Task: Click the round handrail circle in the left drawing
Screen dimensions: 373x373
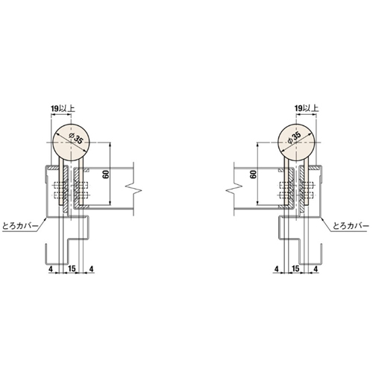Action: (72, 142)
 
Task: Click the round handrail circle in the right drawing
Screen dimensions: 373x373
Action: (296, 142)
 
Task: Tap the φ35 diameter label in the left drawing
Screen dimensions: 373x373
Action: (76, 139)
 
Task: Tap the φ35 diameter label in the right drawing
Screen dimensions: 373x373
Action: (294, 137)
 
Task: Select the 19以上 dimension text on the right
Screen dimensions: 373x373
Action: (307, 108)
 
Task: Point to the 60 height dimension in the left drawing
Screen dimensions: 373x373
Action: (106, 175)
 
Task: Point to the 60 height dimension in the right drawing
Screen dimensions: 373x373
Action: (254, 175)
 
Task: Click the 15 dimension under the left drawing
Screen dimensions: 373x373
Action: (72, 269)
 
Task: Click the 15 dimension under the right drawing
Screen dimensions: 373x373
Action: (295, 269)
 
